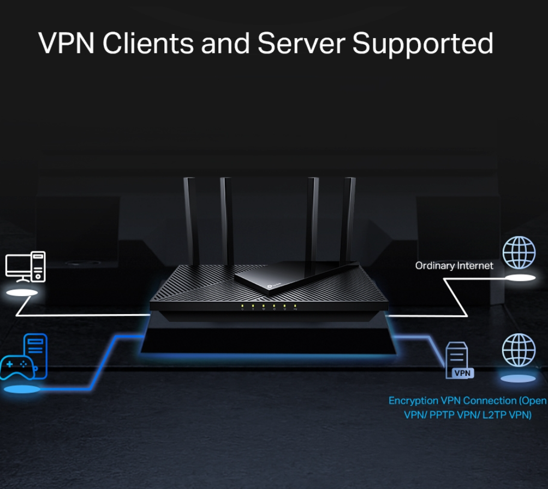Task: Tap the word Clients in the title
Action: (x=147, y=44)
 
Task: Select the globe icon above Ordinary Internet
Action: (x=519, y=252)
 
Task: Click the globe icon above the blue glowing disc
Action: (x=519, y=350)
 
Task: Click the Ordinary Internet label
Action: (x=454, y=266)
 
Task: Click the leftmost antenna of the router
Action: (x=191, y=219)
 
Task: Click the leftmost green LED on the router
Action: (x=242, y=306)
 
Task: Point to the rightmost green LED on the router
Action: (x=295, y=306)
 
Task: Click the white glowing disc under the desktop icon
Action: (x=21, y=293)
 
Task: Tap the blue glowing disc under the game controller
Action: (x=22, y=390)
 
